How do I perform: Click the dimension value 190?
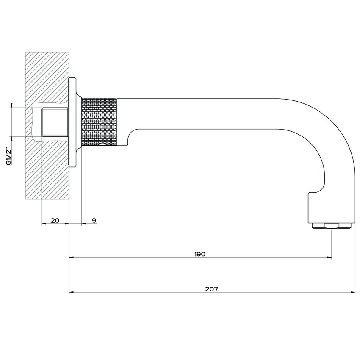(200, 254)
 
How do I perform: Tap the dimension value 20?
(55, 220)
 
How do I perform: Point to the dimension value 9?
(94, 220)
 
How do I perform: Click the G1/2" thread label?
(9, 156)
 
